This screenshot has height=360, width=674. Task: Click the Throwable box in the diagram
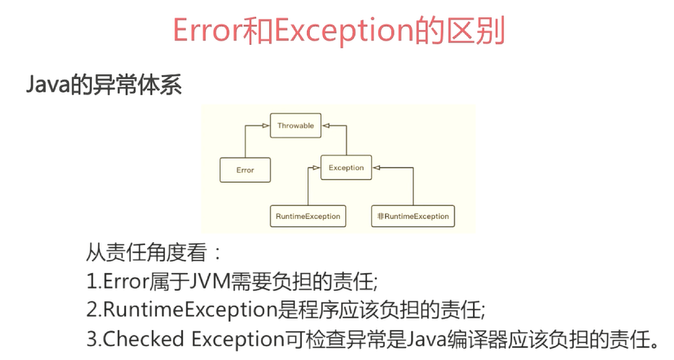pos(296,125)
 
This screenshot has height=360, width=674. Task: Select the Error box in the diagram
pos(245,169)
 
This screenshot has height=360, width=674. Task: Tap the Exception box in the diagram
pos(346,167)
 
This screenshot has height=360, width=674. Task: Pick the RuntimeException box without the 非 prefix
pos(308,216)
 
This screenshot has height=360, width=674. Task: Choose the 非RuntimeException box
pos(413,216)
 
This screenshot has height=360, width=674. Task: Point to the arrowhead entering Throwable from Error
pos(266,125)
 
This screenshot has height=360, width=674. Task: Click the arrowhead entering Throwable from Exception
pos(325,125)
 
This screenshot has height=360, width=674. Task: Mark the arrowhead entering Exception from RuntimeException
pos(317,167)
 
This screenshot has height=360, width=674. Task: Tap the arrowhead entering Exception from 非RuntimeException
pos(376,167)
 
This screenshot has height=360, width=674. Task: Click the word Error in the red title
pos(207,31)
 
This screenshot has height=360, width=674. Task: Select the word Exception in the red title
pos(343,32)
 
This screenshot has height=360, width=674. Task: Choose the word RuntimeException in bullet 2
pos(190,310)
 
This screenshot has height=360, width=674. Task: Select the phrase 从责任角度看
pos(146,253)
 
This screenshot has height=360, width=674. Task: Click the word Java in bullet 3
pos(426,339)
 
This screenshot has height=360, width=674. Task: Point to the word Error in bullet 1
pos(126,282)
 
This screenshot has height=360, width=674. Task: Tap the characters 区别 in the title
pos(476,31)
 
